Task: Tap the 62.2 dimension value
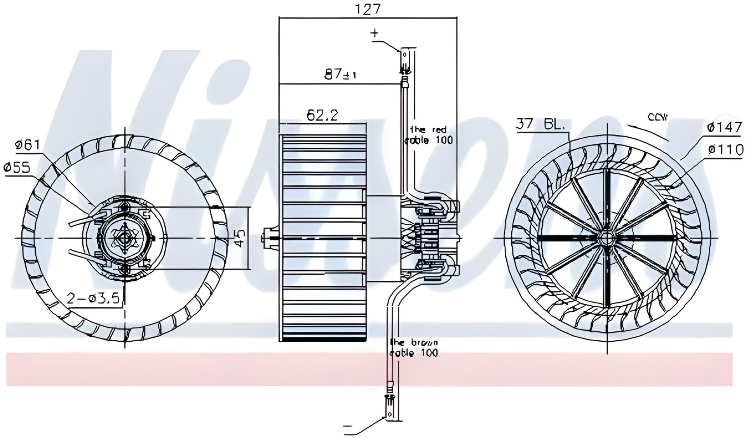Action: (322, 115)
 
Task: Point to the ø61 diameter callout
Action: (27, 145)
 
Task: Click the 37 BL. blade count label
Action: (540, 124)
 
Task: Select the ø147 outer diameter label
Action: (724, 127)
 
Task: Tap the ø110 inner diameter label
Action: (725, 149)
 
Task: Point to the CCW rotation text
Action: (657, 117)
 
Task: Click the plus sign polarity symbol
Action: (374, 33)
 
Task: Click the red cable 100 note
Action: (430, 135)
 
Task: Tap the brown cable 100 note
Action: (414, 347)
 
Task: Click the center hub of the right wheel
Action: (607, 238)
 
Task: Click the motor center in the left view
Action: (125, 238)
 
